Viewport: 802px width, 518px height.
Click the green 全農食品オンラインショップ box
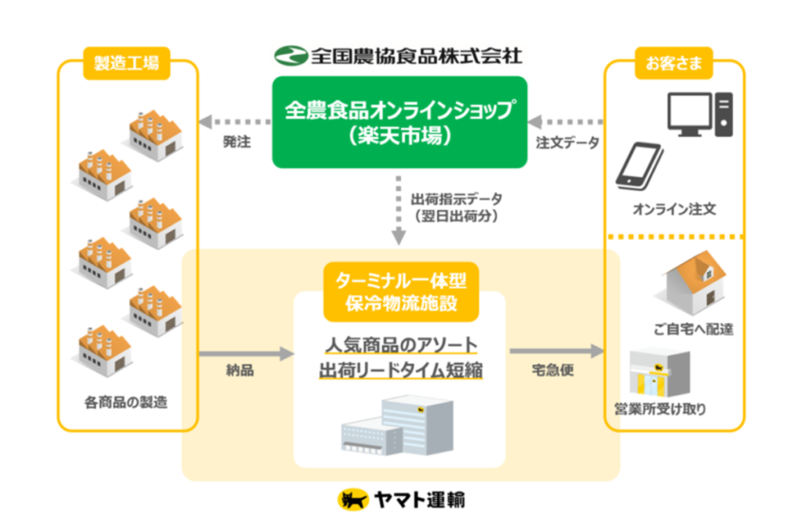399,121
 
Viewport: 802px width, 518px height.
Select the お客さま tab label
674,63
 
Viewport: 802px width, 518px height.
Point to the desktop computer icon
699,115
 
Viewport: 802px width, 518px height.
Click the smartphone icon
638,165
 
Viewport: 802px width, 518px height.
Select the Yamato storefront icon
659,374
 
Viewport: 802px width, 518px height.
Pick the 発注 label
237,143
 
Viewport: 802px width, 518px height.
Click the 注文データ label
568,143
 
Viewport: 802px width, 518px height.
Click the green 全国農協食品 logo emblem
290,56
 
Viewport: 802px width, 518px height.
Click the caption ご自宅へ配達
692,328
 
